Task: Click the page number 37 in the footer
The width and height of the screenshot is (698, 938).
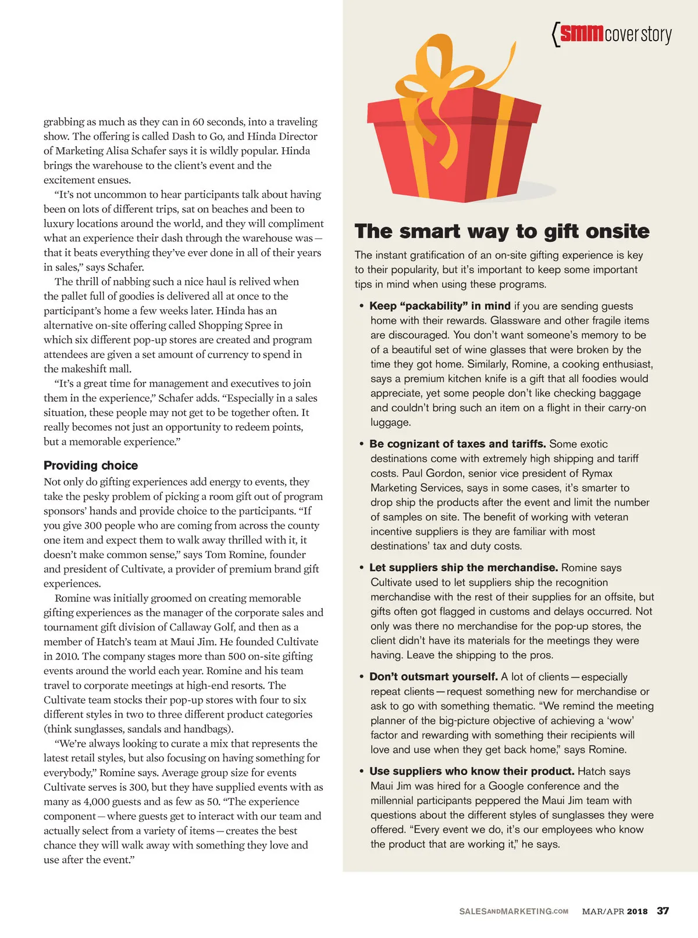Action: click(x=663, y=911)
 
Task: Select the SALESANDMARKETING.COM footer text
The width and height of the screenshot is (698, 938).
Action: click(x=514, y=911)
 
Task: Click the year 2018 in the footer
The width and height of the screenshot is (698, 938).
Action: click(x=637, y=911)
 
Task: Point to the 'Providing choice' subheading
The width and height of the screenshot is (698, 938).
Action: click(x=91, y=465)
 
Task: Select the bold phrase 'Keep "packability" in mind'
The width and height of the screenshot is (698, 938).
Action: click(x=440, y=306)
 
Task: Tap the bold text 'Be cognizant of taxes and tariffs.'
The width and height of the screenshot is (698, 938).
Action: click(x=457, y=444)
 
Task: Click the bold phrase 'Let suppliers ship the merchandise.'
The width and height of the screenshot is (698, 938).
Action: click(x=464, y=568)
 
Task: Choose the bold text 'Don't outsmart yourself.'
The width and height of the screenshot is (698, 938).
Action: click(x=433, y=677)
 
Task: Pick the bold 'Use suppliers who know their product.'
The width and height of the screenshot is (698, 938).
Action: click(x=472, y=771)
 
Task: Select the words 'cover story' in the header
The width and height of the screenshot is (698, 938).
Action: click(x=638, y=34)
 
